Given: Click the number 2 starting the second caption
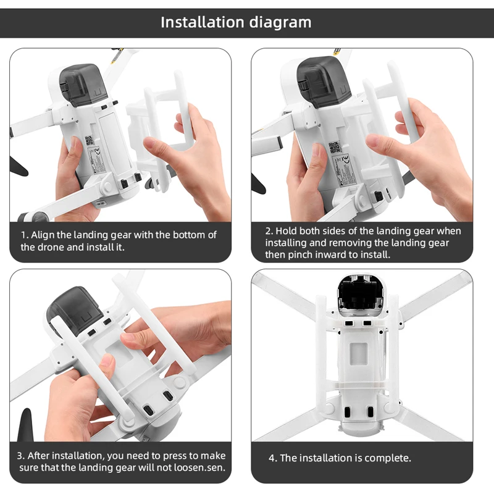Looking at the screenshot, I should [x=269, y=231].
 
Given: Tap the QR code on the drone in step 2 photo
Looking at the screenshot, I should [x=335, y=147].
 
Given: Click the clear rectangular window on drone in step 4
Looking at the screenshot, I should [x=359, y=356].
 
